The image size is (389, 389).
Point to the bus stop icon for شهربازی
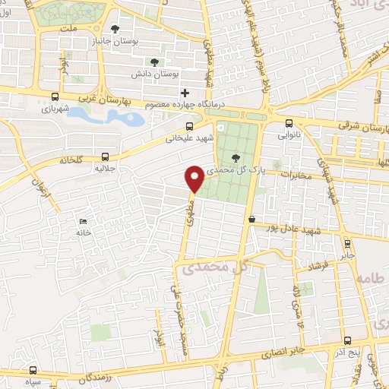(x=55, y=96)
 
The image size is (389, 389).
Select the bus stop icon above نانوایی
(x=289, y=124)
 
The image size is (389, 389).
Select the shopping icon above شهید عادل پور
(x=251, y=220)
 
